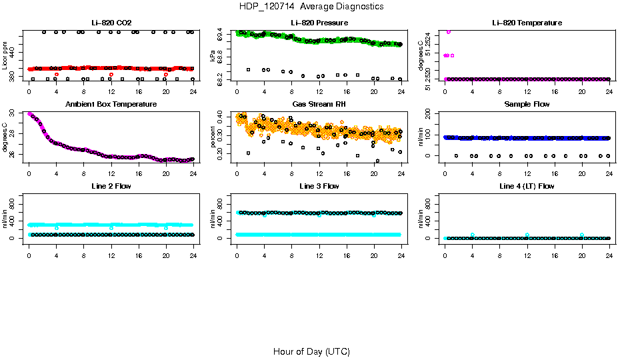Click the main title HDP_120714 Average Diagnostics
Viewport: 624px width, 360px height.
(311, 6)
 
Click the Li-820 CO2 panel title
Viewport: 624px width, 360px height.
(111, 23)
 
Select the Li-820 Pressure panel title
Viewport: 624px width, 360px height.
(319, 23)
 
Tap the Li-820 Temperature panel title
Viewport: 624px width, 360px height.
(527, 23)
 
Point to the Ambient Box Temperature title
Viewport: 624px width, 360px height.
(111, 105)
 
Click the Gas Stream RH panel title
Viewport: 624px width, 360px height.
(319, 105)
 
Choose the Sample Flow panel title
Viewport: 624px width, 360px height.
(527, 105)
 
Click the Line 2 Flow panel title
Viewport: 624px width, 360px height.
(111, 186)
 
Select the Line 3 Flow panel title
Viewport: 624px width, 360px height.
(319, 186)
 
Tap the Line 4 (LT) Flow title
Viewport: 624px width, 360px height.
(527, 186)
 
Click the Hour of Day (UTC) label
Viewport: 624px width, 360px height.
(311, 351)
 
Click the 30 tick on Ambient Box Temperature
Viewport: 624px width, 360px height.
(13, 113)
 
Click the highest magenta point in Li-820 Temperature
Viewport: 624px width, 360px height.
(449, 31)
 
